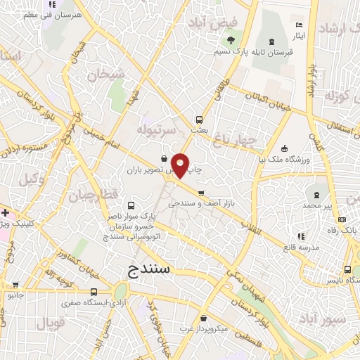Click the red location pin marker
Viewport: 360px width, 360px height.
pos(181,165)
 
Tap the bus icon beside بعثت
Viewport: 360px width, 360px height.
pos(199,119)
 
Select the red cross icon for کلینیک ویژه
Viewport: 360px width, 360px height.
pos(5,212)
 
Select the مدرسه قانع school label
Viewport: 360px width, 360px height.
pos(300,247)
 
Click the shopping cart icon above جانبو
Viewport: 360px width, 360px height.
pos(15,285)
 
